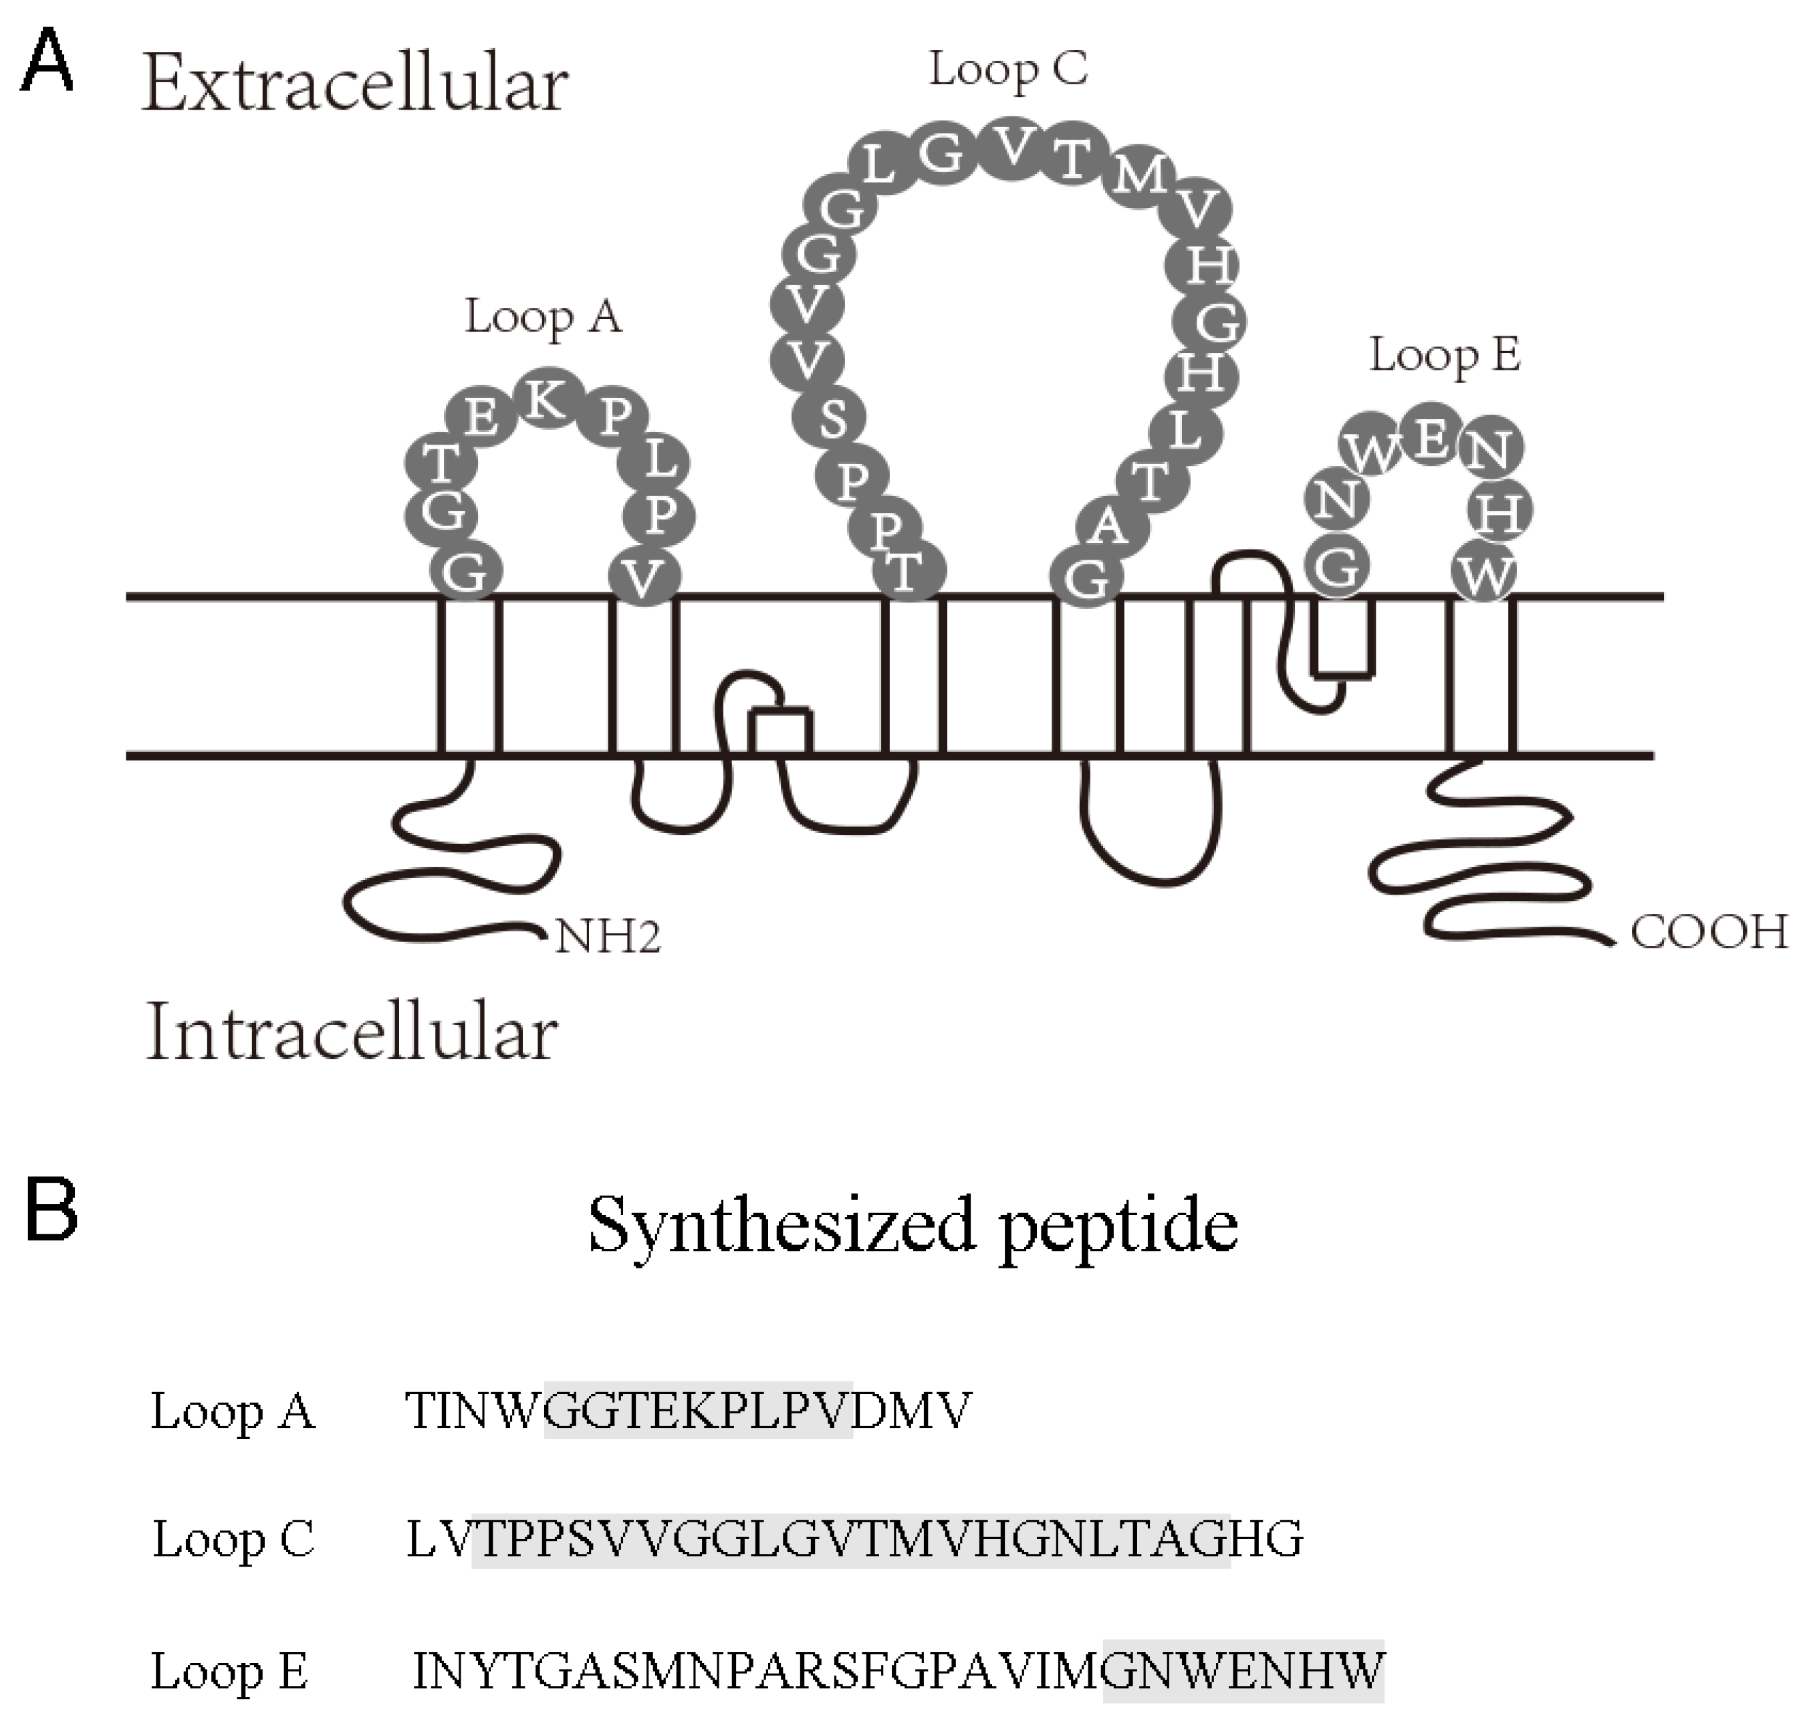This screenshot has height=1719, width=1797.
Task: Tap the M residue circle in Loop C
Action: pyautogui.click(x=1138, y=173)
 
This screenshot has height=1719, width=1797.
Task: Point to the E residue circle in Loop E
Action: pyautogui.click(x=1431, y=435)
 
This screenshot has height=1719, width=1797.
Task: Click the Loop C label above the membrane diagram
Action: pyautogui.click(x=1008, y=70)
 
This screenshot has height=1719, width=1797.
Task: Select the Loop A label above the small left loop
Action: pyautogui.click(x=542, y=317)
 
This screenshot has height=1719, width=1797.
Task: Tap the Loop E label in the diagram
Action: pyautogui.click(x=1444, y=354)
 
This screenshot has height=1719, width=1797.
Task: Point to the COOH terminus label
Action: pyautogui.click(x=1708, y=932)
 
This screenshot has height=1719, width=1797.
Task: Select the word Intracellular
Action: pyautogui.click(x=352, y=1034)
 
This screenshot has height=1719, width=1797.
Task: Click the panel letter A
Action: pyautogui.click(x=46, y=60)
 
